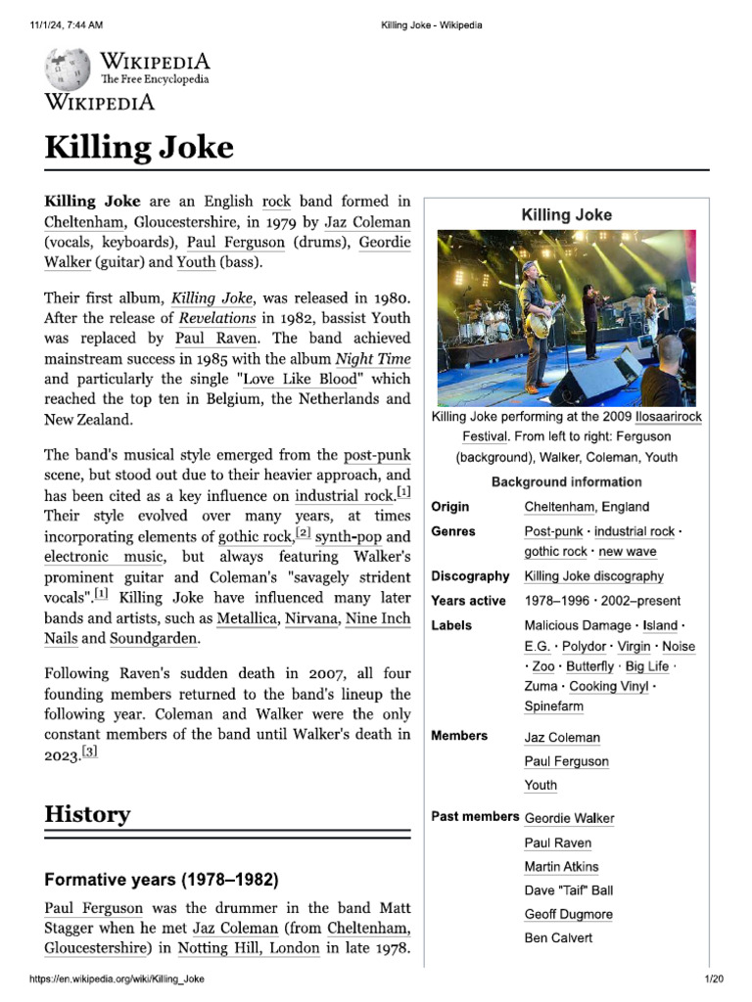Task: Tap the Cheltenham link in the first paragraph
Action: tap(84, 221)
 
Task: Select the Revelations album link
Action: tap(217, 318)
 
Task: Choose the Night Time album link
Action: tap(368, 357)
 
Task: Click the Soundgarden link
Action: tap(153, 639)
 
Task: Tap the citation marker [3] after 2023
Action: tap(89, 752)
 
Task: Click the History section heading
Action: tap(87, 814)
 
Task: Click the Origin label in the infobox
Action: tap(449, 507)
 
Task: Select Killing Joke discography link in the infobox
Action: tap(593, 576)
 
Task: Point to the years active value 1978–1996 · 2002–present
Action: tap(601, 601)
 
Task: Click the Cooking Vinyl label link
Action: tap(608, 686)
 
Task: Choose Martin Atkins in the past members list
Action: tap(561, 867)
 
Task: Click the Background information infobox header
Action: tap(566, 481)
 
